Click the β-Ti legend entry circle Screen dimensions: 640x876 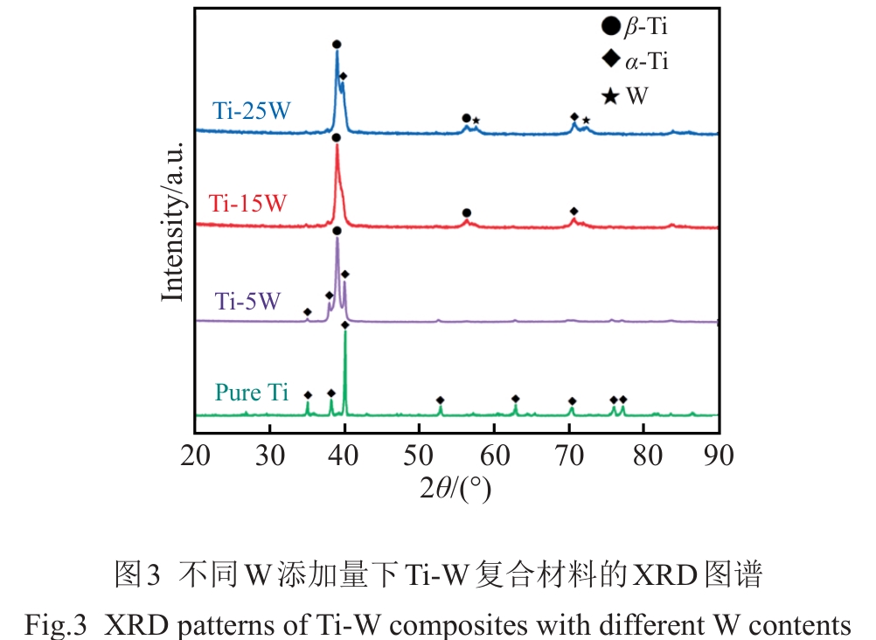[x=610, y=28]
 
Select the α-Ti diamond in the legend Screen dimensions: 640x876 [x=610, y=60]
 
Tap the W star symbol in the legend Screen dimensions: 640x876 [x=610, y=94]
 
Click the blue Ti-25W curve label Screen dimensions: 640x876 [x=252, y=111]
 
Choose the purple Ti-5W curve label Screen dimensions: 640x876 [x=247, y=302]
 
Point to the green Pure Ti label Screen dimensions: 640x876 [x=252, y=393]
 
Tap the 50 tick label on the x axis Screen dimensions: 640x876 [x=420, y=456]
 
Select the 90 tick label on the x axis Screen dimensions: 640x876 [x=719, y=456]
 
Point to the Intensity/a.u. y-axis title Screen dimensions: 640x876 [x=173, y=222]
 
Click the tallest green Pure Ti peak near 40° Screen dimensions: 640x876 [x=345, y=337]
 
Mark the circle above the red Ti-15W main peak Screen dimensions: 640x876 [x=336, y=137]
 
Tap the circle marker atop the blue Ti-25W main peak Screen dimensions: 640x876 [x=337, y=44]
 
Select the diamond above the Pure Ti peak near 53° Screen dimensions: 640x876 [x=440, y=400]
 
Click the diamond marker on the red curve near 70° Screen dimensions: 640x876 [x=574, y=212]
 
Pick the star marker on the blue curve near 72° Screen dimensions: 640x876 [x=587, y=121]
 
